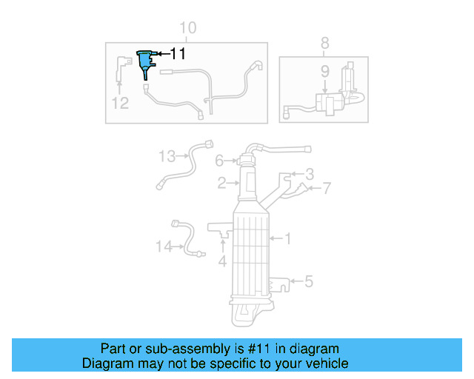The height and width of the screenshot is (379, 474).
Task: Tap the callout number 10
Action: (187, 28)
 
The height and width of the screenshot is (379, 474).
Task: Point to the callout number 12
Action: (120, 103)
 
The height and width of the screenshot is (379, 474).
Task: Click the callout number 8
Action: (324, 44)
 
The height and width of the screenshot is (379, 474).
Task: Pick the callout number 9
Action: (324, 72)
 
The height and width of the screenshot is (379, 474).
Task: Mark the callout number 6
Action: (219, 161)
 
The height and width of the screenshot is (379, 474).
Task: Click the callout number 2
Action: (221, 183)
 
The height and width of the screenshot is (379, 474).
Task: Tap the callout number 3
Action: (310, 175)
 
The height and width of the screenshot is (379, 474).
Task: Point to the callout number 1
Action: (288, 238)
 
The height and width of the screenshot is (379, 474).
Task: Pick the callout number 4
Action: (222, 261)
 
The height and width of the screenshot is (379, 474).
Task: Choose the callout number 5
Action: (309, 281)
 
